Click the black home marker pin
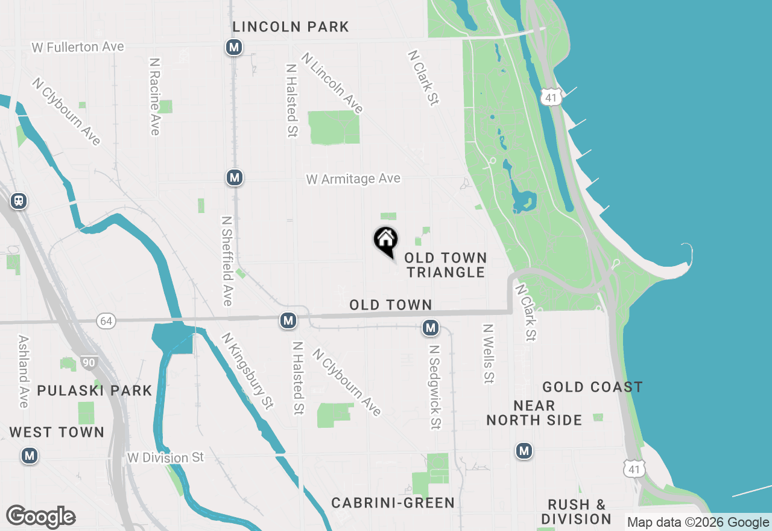386,241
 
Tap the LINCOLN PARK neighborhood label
291,27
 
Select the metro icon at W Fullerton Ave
234,47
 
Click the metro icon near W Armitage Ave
235,178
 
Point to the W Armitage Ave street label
353,179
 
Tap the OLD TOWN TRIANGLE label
445,265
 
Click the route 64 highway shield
106,321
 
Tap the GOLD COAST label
592,387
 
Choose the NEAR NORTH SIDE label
534,413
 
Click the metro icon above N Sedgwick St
430,328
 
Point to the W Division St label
166,458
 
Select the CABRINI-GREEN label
393,503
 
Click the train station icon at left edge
19,201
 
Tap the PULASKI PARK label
95,390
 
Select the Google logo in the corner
41,517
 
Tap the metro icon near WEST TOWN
29,456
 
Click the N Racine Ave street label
155,97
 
